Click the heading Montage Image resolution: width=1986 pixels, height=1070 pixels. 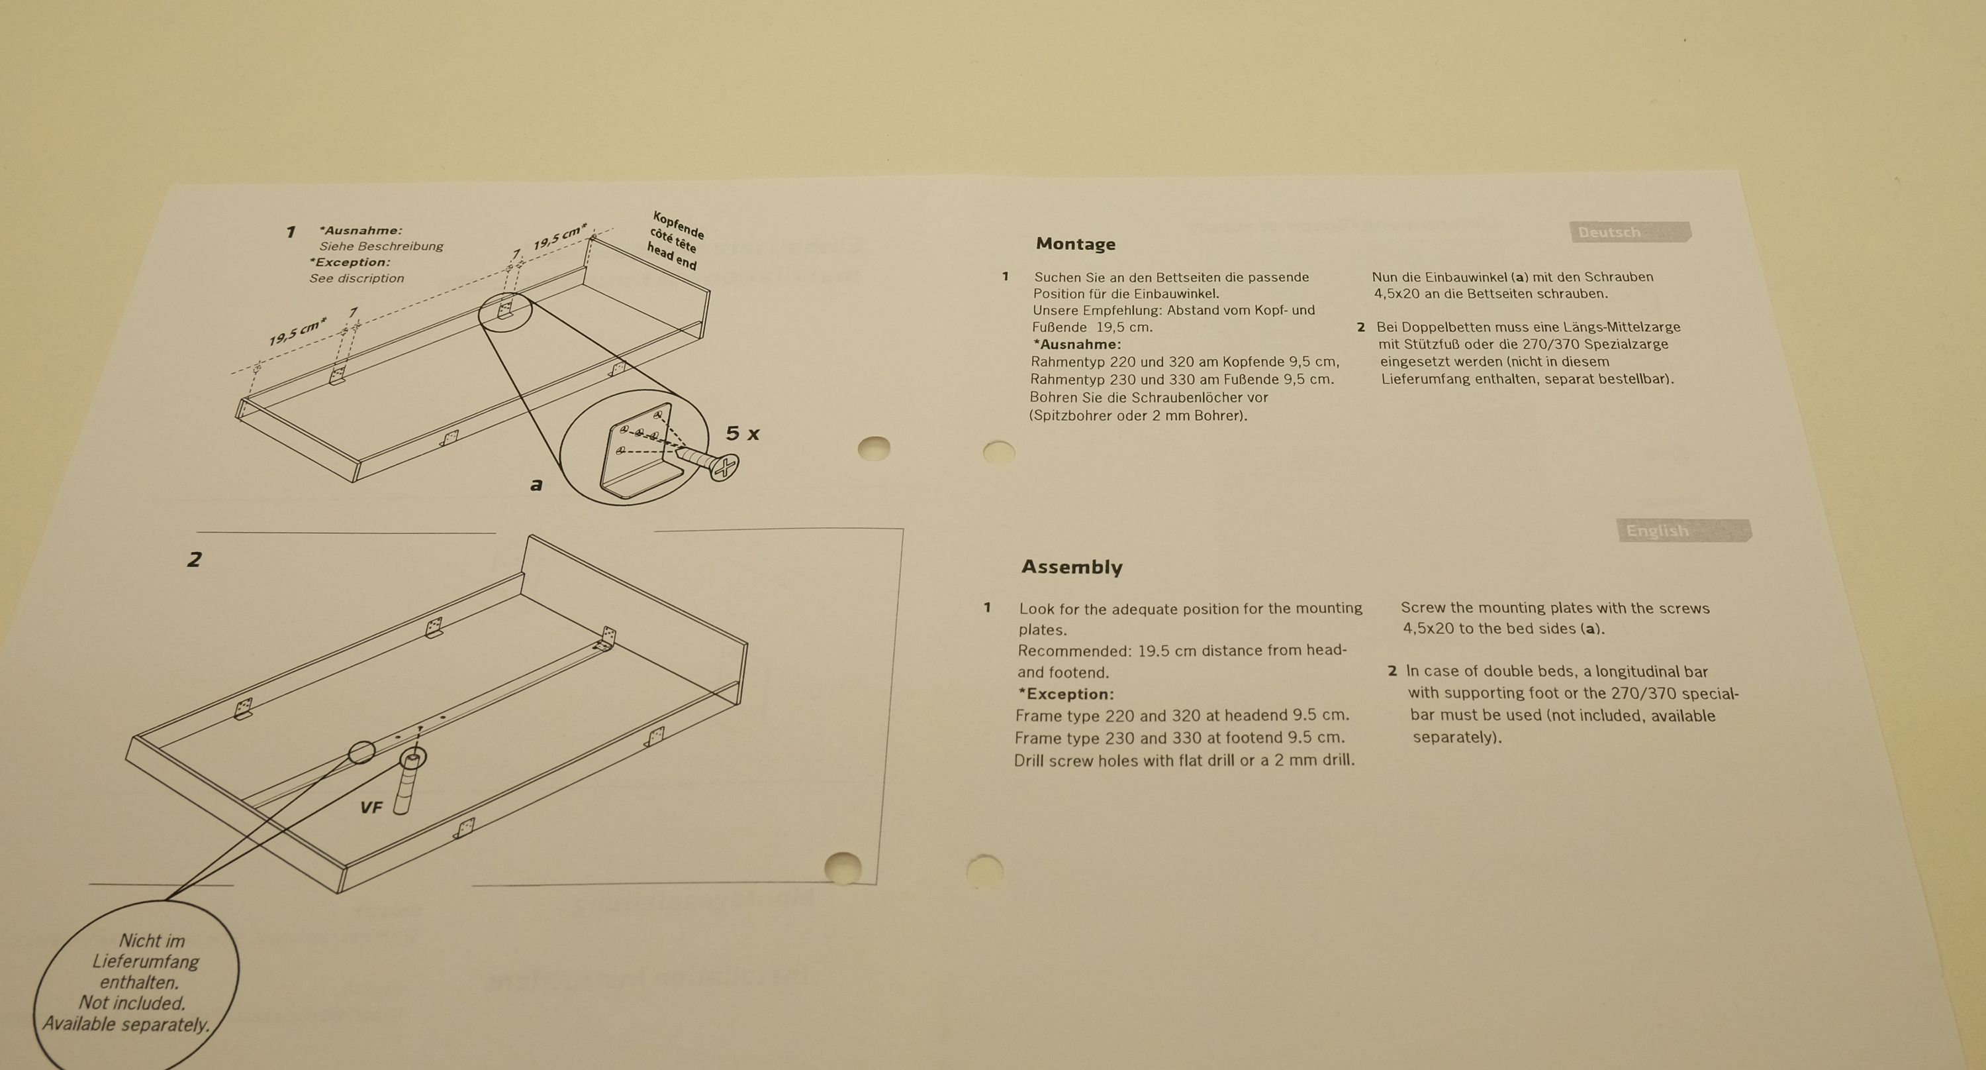coord(1076,244)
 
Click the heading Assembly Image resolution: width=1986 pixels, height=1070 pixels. coord(1072,567)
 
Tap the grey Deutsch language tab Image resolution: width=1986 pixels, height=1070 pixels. coord(1630,232)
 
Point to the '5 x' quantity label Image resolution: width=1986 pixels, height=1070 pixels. coord(743,433)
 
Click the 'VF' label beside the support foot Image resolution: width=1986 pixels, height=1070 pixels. coord(371,808)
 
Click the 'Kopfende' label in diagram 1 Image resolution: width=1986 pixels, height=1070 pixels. coord(679,225)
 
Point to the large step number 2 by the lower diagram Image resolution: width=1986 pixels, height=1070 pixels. coord(194,559)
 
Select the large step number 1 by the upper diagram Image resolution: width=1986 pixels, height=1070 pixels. coord(291,231)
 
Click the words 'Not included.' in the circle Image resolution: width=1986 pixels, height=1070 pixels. coord(132,1003)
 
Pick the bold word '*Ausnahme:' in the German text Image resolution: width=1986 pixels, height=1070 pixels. coord(1077,344)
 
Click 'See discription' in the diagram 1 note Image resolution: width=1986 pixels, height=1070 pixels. coord(357,278)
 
